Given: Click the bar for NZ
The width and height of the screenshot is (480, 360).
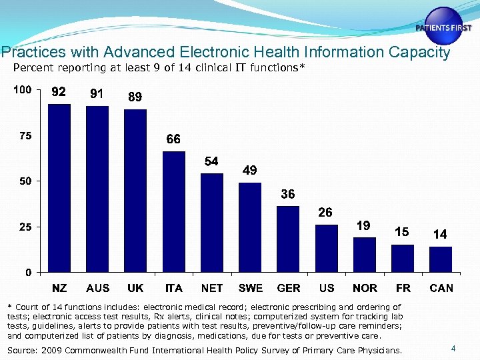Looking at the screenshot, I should click(59, 188).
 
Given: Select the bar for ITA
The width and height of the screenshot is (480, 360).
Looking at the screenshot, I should click(174, 212).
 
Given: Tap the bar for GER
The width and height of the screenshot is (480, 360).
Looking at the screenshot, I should click(288, 239).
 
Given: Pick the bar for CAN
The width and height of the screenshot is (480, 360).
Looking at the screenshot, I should click(441, 259).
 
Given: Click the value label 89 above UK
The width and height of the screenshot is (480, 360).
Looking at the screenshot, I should click(135, 97).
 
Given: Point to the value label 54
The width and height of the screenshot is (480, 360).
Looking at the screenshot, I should click(211, 161).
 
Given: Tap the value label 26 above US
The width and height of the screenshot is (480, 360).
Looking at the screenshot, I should click(325, 213).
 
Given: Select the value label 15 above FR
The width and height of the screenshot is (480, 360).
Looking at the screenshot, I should click(401, 232).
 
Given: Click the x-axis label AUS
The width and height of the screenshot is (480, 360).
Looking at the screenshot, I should click(98, 289).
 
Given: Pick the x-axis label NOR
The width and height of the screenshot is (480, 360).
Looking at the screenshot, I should click(364, 289).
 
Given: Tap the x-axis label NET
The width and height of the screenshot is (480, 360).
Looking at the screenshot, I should click(212, 289).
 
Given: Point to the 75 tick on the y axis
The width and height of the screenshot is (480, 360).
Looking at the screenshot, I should click(24, 136).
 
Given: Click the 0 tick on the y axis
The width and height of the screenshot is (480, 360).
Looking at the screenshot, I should click(28, 272).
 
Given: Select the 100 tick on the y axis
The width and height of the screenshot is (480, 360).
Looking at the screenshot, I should click(22, 90).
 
